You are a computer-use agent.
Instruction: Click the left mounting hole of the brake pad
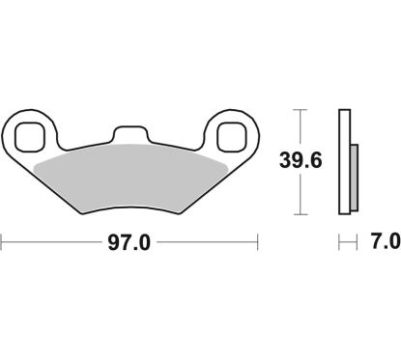point(29,136)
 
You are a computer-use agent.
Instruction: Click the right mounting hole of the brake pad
point(232,136)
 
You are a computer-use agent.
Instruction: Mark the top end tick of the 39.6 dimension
point(301,111)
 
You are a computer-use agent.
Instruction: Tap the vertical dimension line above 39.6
point(301,130)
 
